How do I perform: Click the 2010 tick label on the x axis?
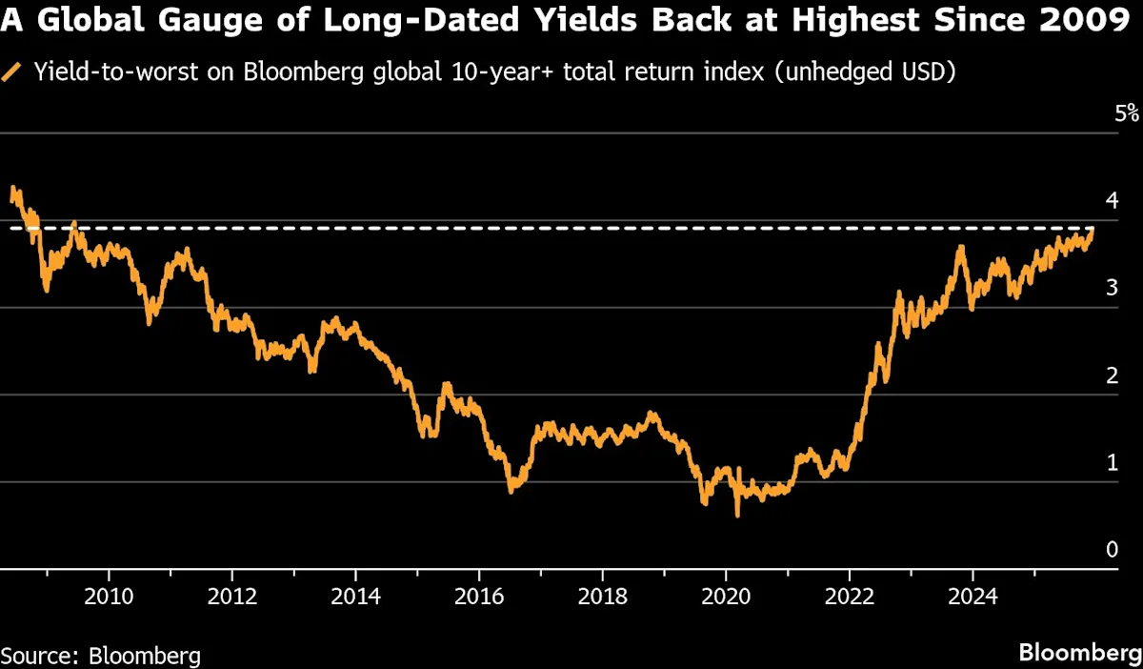(110, 598)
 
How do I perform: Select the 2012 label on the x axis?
(232, 598)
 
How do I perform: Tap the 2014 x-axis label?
(355, 598)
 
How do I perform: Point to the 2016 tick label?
(479, 598)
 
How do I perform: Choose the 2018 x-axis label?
(602, 598)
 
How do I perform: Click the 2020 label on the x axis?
(726, 598)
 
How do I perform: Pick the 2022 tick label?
(849, 598)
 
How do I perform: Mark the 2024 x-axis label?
(973, 598)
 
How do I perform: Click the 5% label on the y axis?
(1127, 113)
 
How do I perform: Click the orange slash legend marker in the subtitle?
(12, 71)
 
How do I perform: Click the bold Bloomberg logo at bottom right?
(1079, 653)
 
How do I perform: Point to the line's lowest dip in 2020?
(736, 516)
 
